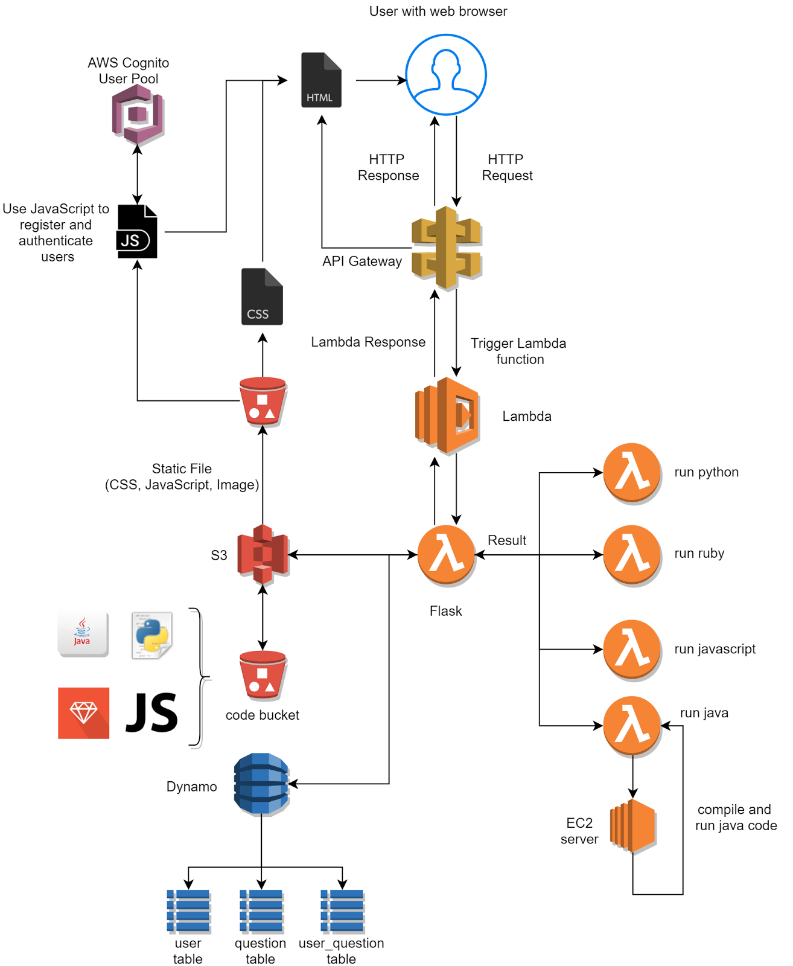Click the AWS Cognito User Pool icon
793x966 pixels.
point(138,115)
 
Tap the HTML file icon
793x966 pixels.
point(321,80)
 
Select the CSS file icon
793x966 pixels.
point(262,296)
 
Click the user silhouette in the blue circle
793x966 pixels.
point(446,74)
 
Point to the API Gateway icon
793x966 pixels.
point(446,248)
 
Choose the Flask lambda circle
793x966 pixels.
point(446,555)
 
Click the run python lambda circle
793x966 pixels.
point(632,473)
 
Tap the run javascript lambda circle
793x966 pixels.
point(632,650)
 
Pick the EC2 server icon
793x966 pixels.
point(632,826)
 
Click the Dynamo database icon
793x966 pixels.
point(261,784)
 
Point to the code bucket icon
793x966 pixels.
point(263,674)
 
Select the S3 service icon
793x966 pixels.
point(263,554)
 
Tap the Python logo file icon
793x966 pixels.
point(152,635)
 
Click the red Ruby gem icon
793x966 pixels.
point(84,713)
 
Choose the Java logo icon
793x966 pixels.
point(83,634)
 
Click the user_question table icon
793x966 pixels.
point(342,911)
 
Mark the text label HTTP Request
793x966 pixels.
point(507,167)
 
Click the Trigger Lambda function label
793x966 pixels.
point(518,351)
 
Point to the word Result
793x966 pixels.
point(507,540)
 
